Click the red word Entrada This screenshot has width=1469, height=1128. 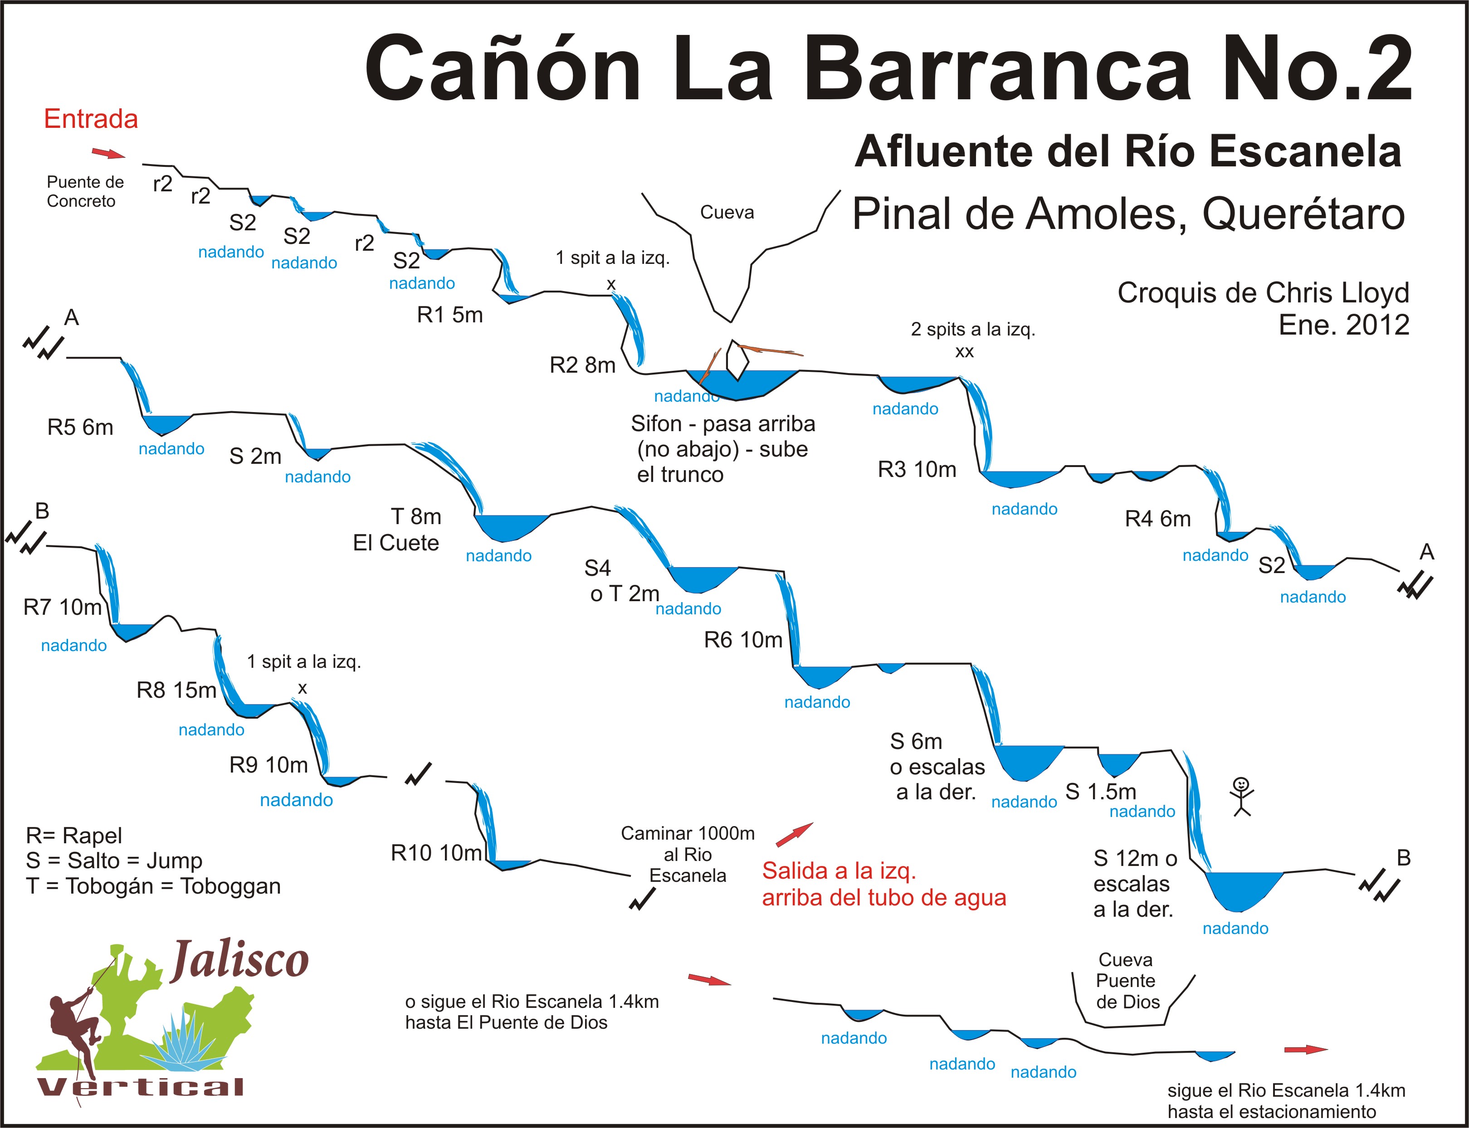coord(91,119)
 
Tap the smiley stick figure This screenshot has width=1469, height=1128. coord(1242,796)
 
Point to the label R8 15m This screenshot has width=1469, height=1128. coord(176,690)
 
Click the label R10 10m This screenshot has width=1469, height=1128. coord(437,853)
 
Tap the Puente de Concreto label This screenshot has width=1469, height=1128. coord(85,191)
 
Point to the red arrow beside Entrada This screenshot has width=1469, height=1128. coord(108,154)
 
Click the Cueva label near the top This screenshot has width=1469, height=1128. coord(727,212)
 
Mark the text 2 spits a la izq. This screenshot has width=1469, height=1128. coord(973,329)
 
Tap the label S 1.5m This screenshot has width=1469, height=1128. coord(1101,792)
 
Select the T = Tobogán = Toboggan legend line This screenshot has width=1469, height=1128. coord(153,886)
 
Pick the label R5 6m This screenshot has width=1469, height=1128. coord(80,427)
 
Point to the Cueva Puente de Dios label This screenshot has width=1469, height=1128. coord(1127,981)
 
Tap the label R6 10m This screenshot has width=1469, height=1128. coord(743,640)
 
